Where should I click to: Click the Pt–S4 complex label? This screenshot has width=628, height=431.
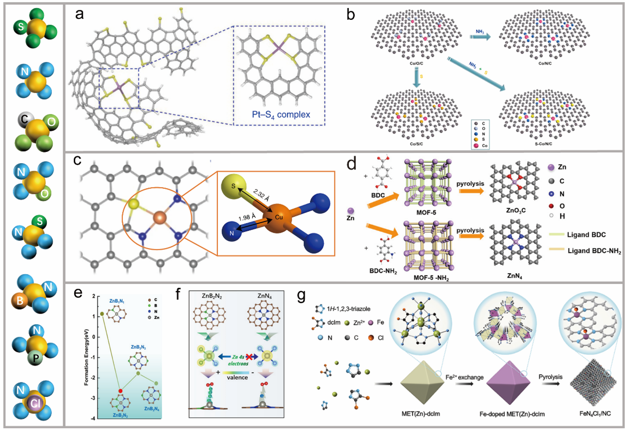tap(281, 115)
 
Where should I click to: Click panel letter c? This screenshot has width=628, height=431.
tap(78, 160)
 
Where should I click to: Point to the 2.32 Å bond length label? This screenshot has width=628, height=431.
tap(262, 195)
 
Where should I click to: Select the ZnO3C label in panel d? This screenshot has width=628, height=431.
tap(516, 210)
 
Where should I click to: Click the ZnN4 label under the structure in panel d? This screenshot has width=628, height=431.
tap(514, 276)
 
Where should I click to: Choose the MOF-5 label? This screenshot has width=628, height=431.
tap(426, 212)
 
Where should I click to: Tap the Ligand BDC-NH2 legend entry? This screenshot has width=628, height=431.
tap(594, 251)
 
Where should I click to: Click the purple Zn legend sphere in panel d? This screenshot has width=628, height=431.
tap(551, 167)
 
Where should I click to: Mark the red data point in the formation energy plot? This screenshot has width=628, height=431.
tap(120, 391)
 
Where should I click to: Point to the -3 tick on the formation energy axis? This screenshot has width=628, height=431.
tap(93, 398)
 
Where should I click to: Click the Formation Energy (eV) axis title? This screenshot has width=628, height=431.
tap(86, 357)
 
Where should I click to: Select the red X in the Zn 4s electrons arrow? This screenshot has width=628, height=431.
tap(249, 357)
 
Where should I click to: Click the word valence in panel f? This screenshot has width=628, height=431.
tap(237, 377)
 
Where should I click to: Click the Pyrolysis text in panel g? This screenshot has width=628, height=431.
tap(550, 377)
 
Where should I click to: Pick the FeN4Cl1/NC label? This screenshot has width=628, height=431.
tap(595, 413)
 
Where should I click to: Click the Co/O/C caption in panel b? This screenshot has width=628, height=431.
tap(416, 64)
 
